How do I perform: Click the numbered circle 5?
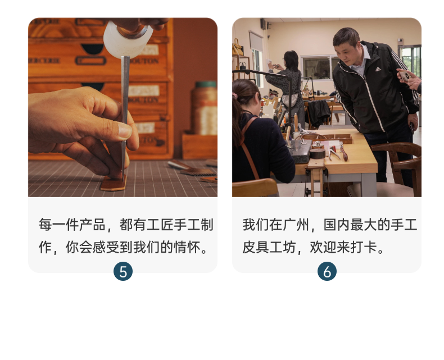(x=123, y=271)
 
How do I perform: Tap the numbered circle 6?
(x=327, y=271)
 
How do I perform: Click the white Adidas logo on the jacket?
(x=378, y=69)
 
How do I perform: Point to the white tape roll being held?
(x=128, y=39)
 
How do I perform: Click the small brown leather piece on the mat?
(x=114, y=184)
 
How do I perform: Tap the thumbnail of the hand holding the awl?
(x=123, y=107)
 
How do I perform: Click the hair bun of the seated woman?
(x=235, y=96)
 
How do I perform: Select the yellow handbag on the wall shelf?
(x=237, y=47)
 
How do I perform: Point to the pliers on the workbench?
(x=334, y=153)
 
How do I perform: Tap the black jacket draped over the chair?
(x=319, y=113)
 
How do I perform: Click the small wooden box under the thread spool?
(x=200, y=146)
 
